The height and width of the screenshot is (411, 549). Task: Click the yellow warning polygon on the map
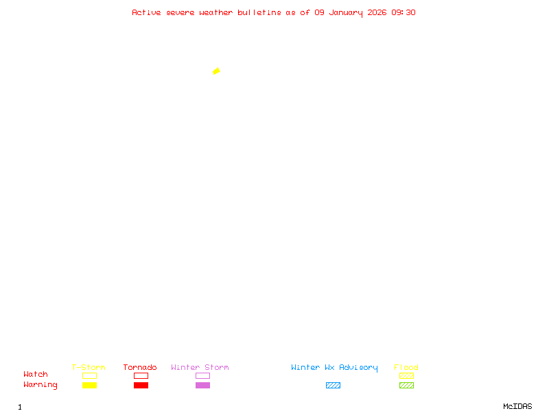[216, 71]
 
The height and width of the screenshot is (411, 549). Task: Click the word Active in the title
[146, 12]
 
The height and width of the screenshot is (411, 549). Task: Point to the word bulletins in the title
[259, 12]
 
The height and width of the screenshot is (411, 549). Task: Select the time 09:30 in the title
[404, 12]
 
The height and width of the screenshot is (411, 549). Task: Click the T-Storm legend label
[89, 367]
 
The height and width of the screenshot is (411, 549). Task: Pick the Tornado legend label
[140, 367]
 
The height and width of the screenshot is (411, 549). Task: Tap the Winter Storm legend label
[200, 367]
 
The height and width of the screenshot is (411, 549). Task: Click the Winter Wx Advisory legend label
[334, 367]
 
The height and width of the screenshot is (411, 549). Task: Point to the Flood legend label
[406, 367]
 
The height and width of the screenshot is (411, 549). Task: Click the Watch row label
[36, 375]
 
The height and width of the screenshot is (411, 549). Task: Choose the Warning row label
[40, 385]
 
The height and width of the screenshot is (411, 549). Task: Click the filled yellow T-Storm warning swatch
[89, 385]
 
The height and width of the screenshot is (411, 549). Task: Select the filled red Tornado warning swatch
[141, 385]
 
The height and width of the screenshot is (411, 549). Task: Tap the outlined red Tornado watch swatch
[141, 375]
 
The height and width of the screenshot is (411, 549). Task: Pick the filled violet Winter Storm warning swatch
[202, 385]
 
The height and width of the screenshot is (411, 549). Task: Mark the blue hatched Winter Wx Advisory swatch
[333, 385]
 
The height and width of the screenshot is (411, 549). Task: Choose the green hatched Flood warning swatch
[406, 385]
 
